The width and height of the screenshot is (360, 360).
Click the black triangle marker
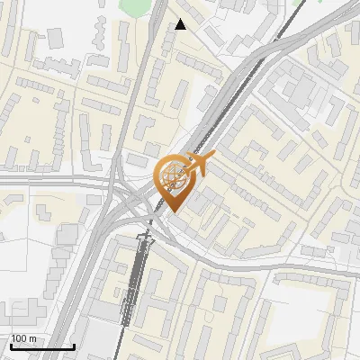pyautogui.click(x=181, y=24)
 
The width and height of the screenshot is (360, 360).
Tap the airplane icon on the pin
pyautogui.click(x=200, y=164)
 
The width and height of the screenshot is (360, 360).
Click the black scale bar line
pyautogui.click(x=42, y=346)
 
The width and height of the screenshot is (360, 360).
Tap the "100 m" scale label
pyautogui.click(x=23, y=338)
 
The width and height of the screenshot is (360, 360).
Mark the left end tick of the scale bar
pyautogui.click(x=11, y=345)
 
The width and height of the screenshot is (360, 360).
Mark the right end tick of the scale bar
pyautogui.click(x=74, y=345)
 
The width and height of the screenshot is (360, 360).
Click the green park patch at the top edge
pyautogui.click(x=136, y=6)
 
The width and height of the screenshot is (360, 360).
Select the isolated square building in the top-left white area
pyautogui.click(x=55, y=37)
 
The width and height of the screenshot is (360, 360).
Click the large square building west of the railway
pyautogui.click(x=68, y=235)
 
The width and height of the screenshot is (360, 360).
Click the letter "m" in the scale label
pyautogui.click(x=31, y=338)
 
